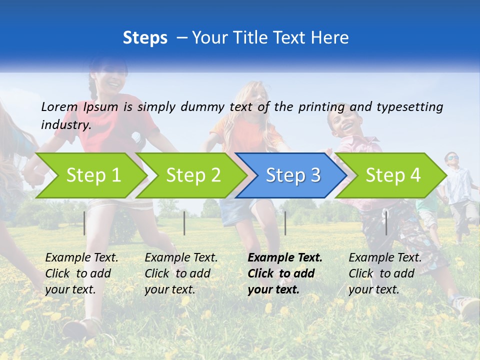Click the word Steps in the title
[x=145, y=38]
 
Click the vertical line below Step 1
[x=84, y=223]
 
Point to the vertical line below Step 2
[x=184, y=223]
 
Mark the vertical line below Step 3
[x=285, y=223]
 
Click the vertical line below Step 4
[x=386, y=222]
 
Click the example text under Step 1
[x=81, y=273]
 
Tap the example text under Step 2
[x=181, y=273]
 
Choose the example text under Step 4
[x=385, y=273]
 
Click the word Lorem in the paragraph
[x=59, y=106]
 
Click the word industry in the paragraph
[x=65, y=124]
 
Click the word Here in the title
[x=331, y=38]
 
